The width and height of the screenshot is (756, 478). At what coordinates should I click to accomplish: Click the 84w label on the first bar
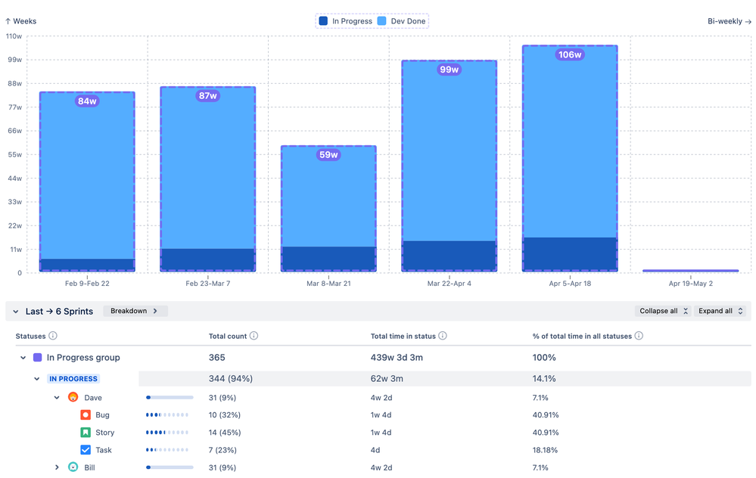pyautogui.click(x=87, y=101)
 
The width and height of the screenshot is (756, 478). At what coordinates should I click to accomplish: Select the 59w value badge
pyautogui.click(x=328, y=155)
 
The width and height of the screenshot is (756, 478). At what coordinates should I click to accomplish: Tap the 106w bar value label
pyautogui.click(x=570, y=54)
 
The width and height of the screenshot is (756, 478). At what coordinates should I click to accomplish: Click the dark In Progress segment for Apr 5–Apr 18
pyautogui.click(x=570, y=254)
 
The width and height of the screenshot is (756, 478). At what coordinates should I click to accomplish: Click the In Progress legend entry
pyautogui.click(x=346, y=21)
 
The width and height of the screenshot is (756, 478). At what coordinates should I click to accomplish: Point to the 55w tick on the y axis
pyautogui.click(x=14, y=154)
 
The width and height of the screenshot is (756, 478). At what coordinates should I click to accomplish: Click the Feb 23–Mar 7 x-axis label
pyautogui.click(x=208, y=284)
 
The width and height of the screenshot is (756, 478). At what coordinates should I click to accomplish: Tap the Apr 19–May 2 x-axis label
pyautogui.click(x=690, y=284)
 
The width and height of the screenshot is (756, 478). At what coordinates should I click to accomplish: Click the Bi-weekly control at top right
pyautogui.click(x=729, y=21)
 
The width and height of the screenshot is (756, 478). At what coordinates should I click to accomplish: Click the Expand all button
pyautogui.click(x=720, y=311)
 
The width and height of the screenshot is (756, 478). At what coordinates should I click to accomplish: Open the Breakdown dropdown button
pyautogui.click(x=134, y=311)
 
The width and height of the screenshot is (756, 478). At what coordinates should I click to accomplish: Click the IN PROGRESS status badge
pyautogui.click(x=73, y=379)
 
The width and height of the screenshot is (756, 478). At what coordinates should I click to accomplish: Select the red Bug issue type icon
pyautogui.click(x=86, y=415)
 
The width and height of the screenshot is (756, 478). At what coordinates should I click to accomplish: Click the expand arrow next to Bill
pyautogui.click(x=57, y=468)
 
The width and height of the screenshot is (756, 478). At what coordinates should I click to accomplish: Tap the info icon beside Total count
pyautogui.click(x=254, y=336)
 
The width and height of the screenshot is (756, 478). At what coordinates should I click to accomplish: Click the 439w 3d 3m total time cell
pyautogui.click(x=398, y=358)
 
